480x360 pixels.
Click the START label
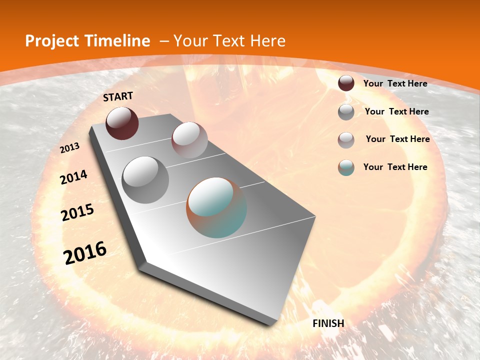118,96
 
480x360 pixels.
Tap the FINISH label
328,323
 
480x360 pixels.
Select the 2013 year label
70,148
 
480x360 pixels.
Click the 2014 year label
73,177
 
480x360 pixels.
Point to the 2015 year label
77,212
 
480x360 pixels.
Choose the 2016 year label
85,253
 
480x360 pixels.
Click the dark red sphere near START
122,123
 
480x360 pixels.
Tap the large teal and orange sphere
216,207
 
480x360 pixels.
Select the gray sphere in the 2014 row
145,179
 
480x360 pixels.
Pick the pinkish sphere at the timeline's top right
189,140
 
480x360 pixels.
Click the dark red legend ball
346,83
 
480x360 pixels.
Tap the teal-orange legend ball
346,167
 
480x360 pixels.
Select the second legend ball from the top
346,112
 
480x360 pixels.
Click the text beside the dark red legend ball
395,83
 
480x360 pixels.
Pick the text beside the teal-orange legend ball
395,167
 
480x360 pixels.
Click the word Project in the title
52,41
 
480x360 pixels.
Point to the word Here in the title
267,41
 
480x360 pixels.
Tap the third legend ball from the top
346,140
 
